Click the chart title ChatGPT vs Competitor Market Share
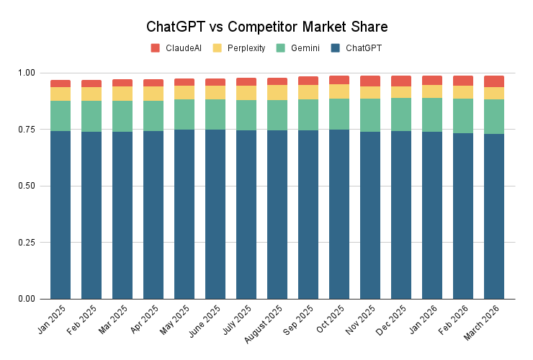pos(266,27)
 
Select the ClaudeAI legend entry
pos(176,48)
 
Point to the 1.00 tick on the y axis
pos(25,73)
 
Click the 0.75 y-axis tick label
pos(25,130)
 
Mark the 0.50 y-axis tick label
pos(25,186)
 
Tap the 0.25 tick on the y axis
pos(25,242)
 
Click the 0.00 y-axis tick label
pos(25,299)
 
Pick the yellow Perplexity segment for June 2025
pos(215,92)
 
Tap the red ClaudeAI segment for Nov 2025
pos(370,81)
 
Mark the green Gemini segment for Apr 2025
pos(153,116)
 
